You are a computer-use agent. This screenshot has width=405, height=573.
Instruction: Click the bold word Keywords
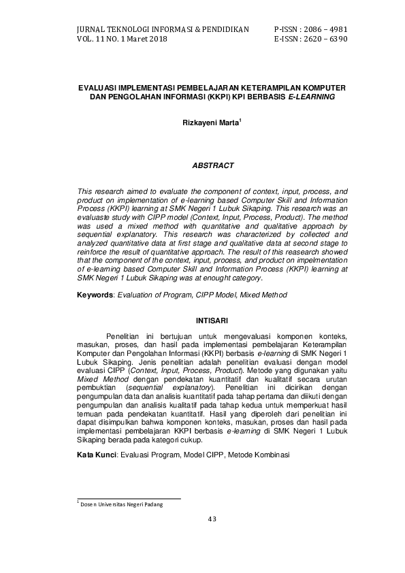(x=95, y=295)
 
